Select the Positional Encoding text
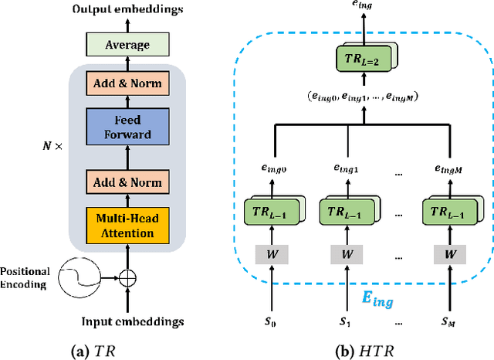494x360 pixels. pos(25,277)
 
